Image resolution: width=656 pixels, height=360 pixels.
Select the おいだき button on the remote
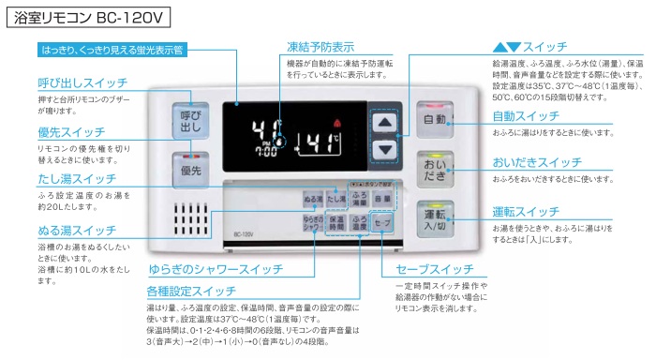pos(435,171)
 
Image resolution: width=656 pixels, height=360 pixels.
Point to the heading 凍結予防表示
pos(320,46)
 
